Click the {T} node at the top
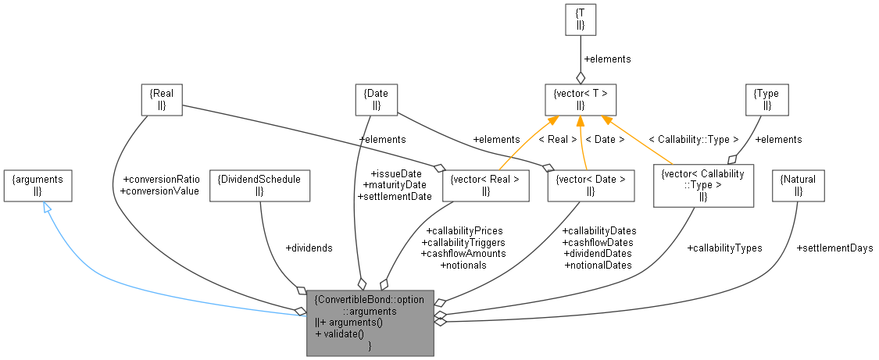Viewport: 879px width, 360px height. pyautogui.click(x=581, y=19)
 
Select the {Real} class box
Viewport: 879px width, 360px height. pyautogui.click(x=161, y=100)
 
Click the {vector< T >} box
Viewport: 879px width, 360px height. pyautogui.click(x=581, y=100)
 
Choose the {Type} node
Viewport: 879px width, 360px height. pyautogui.click(x=766, y=100)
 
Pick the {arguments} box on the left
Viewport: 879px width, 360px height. pyautogui.click(x=38, y=185)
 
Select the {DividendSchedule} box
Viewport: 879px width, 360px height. pyautogui.click(x=260, y=185)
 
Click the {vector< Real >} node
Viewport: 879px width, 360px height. pyautogui.click(x=484, y=185)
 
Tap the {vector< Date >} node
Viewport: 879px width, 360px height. pyautogui.click(x=590, y=185)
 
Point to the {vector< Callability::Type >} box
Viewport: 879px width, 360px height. pyautogui.click(x=703, y=185)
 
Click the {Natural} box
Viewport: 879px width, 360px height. pyautogui.click(x=797, y=185)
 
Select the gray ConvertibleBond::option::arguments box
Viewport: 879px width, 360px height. pyautogui.click(x=370, y=322)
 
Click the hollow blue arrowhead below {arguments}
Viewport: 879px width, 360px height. pyautogui.click(x=47, y=209)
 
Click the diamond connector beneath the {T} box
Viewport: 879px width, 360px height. pyautogui.click(x=581, y=77)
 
